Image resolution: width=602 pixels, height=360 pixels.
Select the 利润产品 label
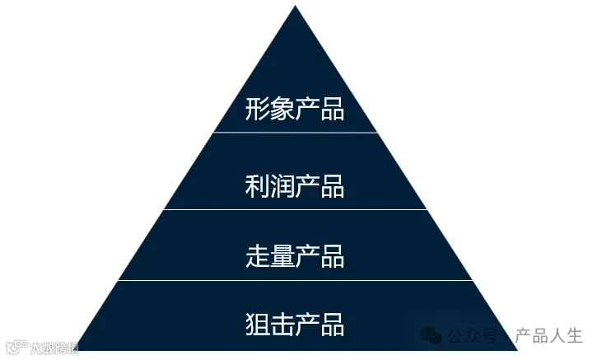point(294,186)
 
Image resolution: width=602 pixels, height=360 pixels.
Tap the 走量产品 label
point(294,255)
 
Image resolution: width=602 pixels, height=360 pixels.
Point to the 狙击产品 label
point(294,324)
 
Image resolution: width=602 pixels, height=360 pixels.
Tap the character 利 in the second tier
point(257,186)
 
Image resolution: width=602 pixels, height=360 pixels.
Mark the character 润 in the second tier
point(282,186)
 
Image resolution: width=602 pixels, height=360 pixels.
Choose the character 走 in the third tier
point(257,255)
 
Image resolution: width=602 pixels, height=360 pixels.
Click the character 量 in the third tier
point(282,255)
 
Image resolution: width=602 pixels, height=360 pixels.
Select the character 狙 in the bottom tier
point(257,324)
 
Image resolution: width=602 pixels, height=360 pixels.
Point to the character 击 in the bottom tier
point(282,324)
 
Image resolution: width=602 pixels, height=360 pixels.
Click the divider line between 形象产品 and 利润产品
point(294,133)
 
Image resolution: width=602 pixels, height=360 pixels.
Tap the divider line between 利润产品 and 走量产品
point(294,210)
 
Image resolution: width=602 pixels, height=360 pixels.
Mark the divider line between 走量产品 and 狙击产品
point(294,281)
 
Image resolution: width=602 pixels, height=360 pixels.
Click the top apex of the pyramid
point(294,7)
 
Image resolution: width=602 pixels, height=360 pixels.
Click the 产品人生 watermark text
point(548,336)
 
